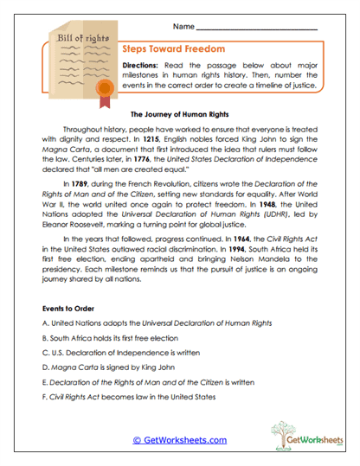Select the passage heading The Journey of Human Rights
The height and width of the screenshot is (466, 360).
(178, 113)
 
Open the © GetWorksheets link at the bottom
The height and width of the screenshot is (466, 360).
(180, 439)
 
